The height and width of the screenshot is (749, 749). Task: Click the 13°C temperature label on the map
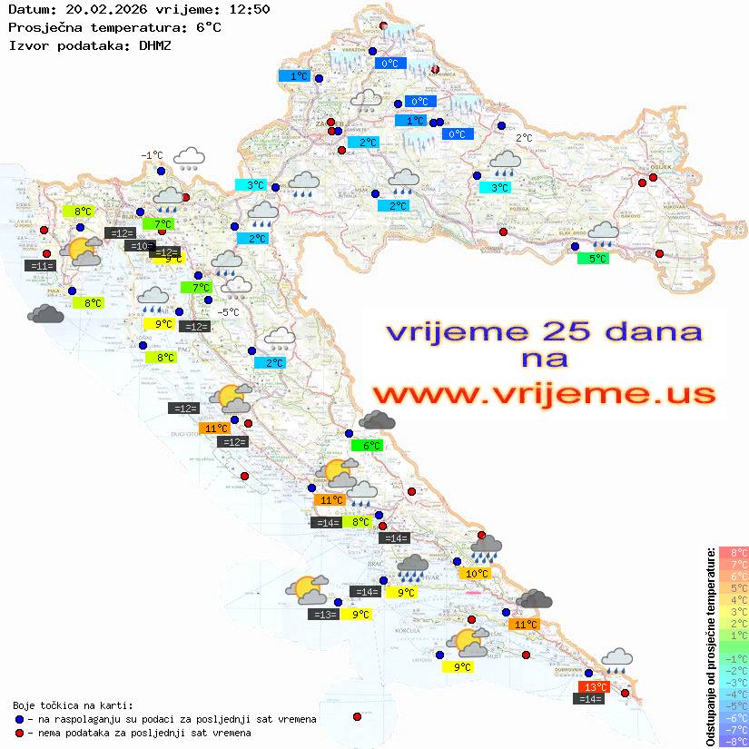[596, 687]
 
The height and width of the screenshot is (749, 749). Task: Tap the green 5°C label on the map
[593, 259]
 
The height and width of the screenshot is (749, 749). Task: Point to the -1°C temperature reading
[152, 155]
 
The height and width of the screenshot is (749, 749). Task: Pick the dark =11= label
[41, 266]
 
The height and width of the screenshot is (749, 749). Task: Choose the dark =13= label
[324, 615]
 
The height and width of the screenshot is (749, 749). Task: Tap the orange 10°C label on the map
[477, 573]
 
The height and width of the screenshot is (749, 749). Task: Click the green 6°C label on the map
[370, 446]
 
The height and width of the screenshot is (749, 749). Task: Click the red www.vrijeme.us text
[543, 394]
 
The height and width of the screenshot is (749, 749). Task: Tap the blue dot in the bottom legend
[19, 719]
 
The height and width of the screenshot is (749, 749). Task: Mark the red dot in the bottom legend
[19, 733]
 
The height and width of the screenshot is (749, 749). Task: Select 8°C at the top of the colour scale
[733, 553]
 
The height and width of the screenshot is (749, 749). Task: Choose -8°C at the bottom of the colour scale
[733, 742]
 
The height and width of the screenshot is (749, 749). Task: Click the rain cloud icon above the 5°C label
[603, 234]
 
